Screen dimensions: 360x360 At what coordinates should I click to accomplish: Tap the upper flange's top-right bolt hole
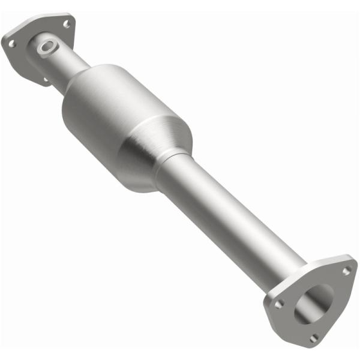click(67, 23)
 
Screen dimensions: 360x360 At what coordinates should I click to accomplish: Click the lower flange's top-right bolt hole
click(346, 271)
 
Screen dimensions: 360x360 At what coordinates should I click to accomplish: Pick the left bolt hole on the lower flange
click(278, 304)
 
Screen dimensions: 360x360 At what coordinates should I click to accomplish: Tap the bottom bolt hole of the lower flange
click(313, 339)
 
